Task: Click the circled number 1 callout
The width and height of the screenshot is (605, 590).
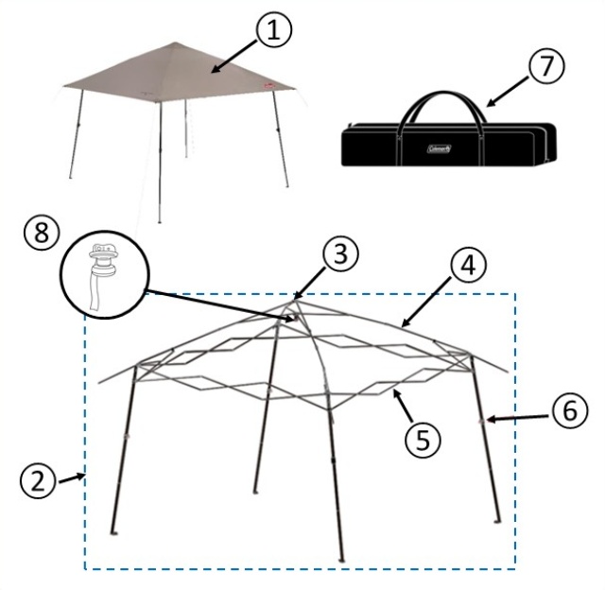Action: click(x=273, y=29)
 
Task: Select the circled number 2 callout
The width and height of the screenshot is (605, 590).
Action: click(x=38, y=481)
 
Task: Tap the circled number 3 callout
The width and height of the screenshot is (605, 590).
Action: click(x=340, y=254)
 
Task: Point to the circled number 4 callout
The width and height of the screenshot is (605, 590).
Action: click(x=468, y=266)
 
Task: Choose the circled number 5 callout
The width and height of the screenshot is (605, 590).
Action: click(x=423, y=440)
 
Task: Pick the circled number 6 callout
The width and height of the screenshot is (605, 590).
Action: click(x=569, y=410)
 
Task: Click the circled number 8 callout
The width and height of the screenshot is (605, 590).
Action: click(x=42, y=233)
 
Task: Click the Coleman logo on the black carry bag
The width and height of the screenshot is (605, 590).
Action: click(x=439, y=148)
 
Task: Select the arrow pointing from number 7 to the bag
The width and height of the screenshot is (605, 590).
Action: click(x=507, y=91)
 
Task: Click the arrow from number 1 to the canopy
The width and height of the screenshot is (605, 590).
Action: click(x=234, y=57)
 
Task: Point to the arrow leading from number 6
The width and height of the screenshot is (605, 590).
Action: click(x=517, y=418)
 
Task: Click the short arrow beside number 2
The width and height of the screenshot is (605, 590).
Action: click(x=72, y=478)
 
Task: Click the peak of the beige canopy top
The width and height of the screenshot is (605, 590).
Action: click(x=176, y=43)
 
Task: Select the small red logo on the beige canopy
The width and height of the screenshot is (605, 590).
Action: click(x=268, y=86)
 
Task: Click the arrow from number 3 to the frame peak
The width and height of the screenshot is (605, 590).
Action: click(x=309, y=283)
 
